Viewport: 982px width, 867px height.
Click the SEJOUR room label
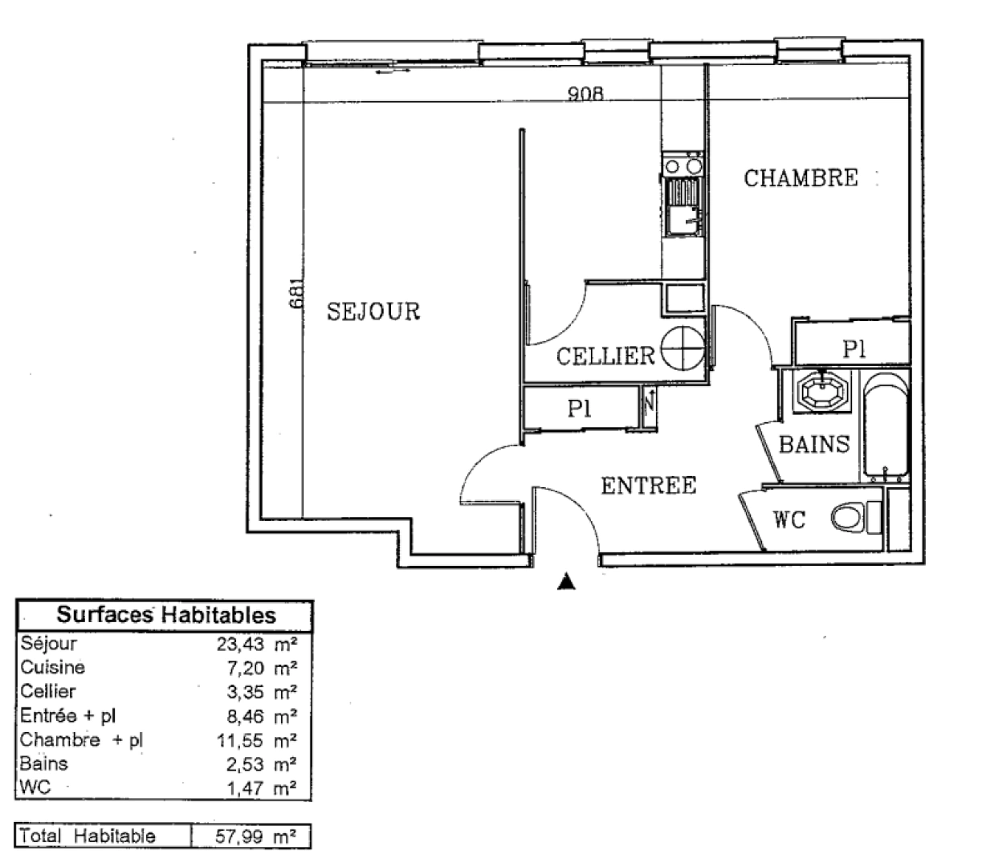(x=373, y=311)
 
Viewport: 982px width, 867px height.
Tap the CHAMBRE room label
(x=801, y=177)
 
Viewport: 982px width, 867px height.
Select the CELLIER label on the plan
(x=606, y=356)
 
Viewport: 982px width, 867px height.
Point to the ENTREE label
(x=649, y=486)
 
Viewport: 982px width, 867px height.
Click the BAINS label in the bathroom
(x=814, y=444)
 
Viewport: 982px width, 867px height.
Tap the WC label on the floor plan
(x=789, y=520)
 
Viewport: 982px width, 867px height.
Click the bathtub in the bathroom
(x=886, y=429)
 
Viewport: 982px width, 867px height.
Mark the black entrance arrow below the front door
(x=567, y=582)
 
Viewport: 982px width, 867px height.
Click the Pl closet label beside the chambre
(x=854, y=348)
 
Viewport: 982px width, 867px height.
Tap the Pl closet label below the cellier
(x=579, y=409)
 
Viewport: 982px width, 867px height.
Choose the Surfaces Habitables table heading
(x=165, y=616)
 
